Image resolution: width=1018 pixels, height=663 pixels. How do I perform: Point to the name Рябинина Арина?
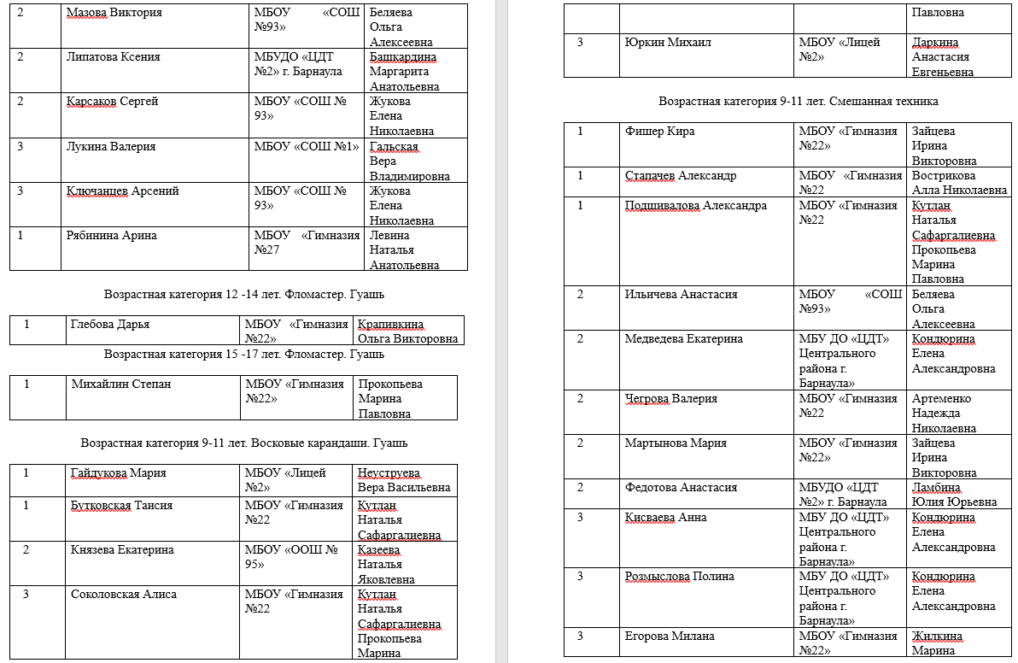[x=112, y=236]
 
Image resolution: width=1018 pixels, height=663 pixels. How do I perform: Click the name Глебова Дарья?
[x=110, y=325]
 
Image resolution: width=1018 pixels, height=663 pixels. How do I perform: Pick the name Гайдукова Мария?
[x=119, y=473]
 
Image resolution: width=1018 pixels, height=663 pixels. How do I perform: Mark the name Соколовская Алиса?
[x=124, y=595]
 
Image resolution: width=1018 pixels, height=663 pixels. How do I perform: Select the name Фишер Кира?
[x=660, y=132]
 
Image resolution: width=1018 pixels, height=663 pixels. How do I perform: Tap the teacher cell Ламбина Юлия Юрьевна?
[x=954, y=495]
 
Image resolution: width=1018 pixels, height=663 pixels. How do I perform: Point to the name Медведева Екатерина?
[x=684, y=339]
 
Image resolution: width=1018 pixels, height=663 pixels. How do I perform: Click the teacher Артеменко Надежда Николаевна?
[x=952, y=414]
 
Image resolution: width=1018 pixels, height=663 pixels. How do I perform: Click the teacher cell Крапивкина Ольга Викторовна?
[x=408, y=331]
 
